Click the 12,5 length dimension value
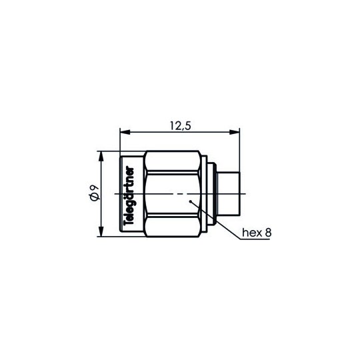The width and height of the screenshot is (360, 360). (x=180, y=126)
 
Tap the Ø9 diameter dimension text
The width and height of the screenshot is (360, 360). (x=94, y=194)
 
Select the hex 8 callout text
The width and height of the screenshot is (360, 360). (x=257, y=233)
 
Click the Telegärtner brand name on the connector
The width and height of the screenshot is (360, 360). (x=129, y=197)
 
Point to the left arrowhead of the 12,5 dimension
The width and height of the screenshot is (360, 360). (x=125, y=132)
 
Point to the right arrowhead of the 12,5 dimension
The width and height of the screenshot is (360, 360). (x=235, y=132)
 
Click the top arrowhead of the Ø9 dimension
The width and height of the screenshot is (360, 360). (x=101, y=157)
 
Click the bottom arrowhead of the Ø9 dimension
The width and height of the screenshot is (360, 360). (x=101, y=231)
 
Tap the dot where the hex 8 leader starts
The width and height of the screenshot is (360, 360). (x=190, y=201)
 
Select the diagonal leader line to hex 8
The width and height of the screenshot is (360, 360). (x=215, y=221)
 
